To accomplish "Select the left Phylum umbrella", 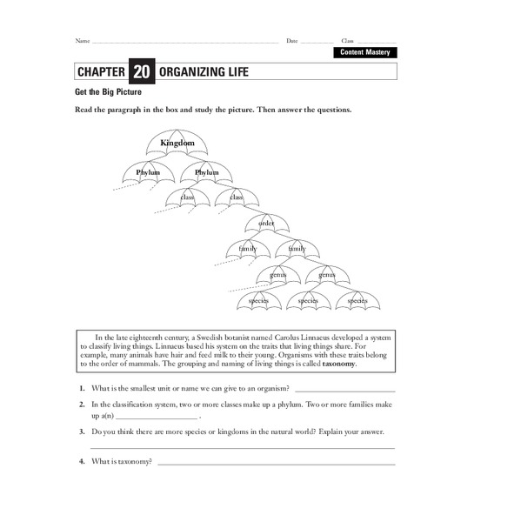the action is click(x=148, y=172).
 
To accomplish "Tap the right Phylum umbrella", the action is click(x=207, y=172).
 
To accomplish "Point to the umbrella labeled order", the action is click(x=266, y=224).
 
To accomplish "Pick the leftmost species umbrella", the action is click(x=259, y=300).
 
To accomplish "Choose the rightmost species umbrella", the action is click(x=357, y=300).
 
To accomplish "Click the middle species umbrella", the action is click(x=309, y=300).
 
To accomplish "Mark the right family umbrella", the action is click(x=297, y=249).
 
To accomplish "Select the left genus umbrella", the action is click(x=278, y=275).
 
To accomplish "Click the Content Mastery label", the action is click(x=364, y=53).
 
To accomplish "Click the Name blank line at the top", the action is click(x=184, y=43).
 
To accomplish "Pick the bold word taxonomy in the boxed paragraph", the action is click(x=339, y=365).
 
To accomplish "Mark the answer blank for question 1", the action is click(x=344, y=391).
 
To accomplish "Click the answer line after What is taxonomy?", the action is click(x=277, y=463).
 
